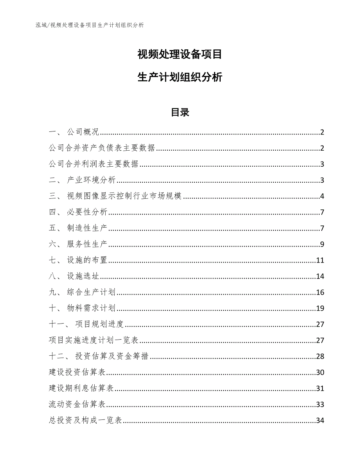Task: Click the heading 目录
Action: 180,113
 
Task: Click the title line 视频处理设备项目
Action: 180,54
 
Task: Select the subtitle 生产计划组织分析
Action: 180,77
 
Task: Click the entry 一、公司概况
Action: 74,132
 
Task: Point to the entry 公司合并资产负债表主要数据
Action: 103,148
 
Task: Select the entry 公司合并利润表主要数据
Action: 94,164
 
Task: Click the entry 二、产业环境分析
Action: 83,180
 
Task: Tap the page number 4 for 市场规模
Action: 322,196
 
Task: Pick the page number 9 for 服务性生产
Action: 322,245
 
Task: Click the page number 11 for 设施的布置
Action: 320,261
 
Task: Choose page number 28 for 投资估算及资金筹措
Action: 320,356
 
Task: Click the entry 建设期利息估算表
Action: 81,389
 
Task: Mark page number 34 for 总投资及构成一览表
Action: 320,421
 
